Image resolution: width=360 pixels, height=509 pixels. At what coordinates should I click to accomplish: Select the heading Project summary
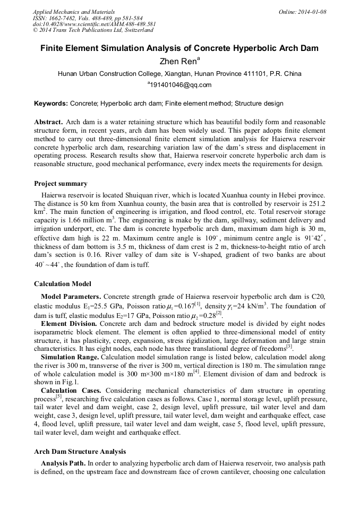[61, 184]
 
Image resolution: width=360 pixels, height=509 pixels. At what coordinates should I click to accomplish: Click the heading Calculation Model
[62, 284]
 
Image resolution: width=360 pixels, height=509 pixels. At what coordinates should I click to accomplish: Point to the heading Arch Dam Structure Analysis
[80, 451]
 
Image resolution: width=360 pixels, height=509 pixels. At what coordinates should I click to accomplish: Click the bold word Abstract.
[49, 122]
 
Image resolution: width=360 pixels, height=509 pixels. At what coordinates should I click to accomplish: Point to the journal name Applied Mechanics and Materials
[74, 12]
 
